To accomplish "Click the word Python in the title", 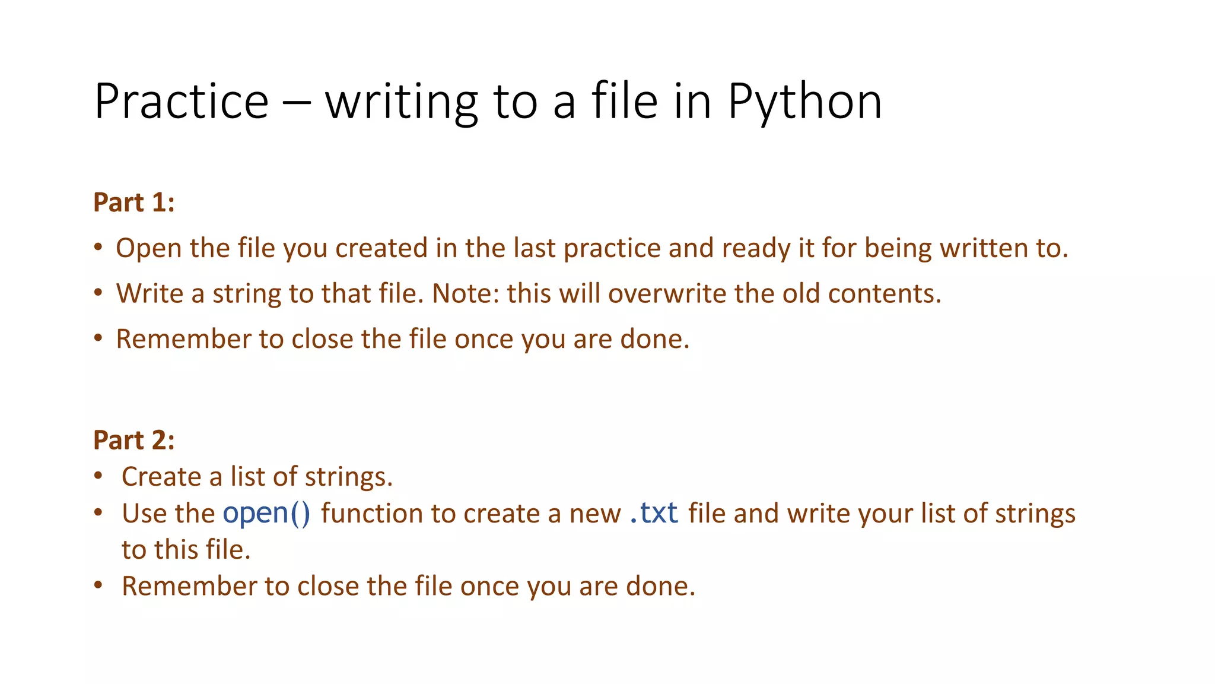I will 804,103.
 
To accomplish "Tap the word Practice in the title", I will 182,102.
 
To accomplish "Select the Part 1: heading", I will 134,202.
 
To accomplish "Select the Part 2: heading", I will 134,440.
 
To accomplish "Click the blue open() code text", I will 266,514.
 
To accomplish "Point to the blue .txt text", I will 653,513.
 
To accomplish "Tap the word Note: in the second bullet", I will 465,293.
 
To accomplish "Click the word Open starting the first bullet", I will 148,248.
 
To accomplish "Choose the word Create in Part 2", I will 161,477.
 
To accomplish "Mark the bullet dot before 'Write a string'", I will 98,293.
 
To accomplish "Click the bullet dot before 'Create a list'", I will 98,476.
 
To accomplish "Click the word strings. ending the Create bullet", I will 349,477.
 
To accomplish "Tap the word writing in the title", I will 402,103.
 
